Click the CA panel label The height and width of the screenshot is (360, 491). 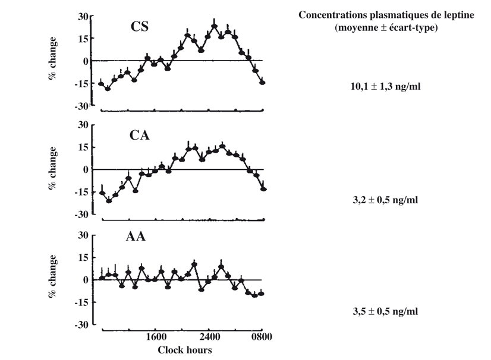pos(140,135)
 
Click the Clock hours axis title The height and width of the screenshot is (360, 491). pos(184,350)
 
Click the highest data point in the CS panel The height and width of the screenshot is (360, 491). pos(215,27)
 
